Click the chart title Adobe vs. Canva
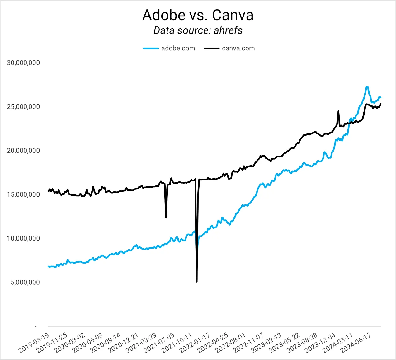tap(198, 15)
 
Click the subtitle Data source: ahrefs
tap(198, 30)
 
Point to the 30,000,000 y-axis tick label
tap(23, 63)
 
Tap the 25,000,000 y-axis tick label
tap(23, 107)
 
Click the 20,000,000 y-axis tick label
tap(23, 151)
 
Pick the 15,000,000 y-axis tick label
tap(23, 194)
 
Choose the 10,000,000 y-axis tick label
tap(23, 238)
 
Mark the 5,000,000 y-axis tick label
tap(25, 282)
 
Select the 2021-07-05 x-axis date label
tap(159, 343)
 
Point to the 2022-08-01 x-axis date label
tap(231, 343)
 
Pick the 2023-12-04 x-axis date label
tap(320, 343)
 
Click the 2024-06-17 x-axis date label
tap(356, 343)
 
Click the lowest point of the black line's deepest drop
tap(197, 282)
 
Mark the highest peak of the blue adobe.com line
tap(367, 87)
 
